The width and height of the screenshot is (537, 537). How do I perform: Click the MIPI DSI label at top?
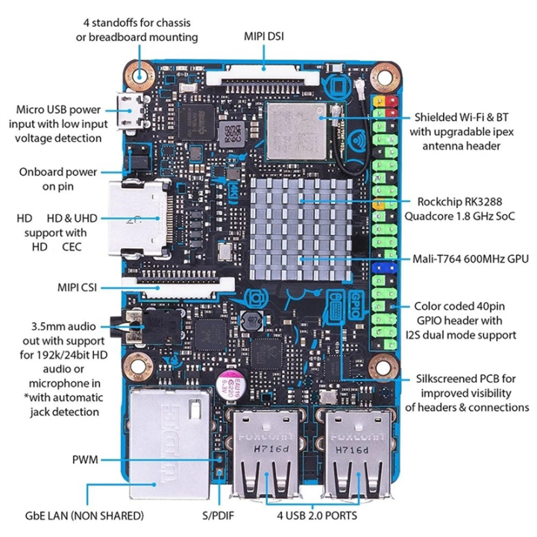[263, 35]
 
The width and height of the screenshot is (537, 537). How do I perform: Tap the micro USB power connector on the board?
[133, 110]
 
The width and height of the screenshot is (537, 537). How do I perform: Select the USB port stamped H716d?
[262, 455]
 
